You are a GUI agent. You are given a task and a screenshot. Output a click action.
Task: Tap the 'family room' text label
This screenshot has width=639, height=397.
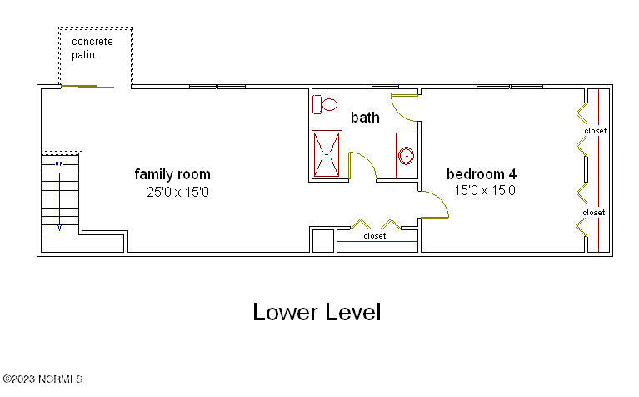[172, 174]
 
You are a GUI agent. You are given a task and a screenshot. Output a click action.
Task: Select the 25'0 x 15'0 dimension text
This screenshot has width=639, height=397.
[177, 191]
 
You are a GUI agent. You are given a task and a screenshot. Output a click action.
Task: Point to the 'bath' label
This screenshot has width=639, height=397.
[365, 118]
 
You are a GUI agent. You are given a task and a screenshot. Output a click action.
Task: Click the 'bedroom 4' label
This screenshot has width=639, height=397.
[482, 174]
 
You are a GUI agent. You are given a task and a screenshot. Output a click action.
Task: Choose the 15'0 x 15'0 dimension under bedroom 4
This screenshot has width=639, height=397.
[485, 191]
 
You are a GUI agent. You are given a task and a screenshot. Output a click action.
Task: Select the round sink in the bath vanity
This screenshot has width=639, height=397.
[407, 155]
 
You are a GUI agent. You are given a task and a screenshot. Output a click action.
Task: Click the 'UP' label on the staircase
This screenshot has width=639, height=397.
[59, 164]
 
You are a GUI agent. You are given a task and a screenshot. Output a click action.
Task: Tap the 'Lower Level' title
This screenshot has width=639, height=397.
[317, 313]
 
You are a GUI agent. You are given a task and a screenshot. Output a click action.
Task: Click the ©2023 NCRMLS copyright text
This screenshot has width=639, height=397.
[42, 380]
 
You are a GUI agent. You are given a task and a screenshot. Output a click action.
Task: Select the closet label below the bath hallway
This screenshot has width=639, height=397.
[375, 236]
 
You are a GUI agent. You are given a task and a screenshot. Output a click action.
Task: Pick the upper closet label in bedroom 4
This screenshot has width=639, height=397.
[594, 131]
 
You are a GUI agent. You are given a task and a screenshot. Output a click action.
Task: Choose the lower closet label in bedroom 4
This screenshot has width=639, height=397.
[594, 213]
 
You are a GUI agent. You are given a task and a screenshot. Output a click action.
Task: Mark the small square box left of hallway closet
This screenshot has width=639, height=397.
[321, 239]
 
